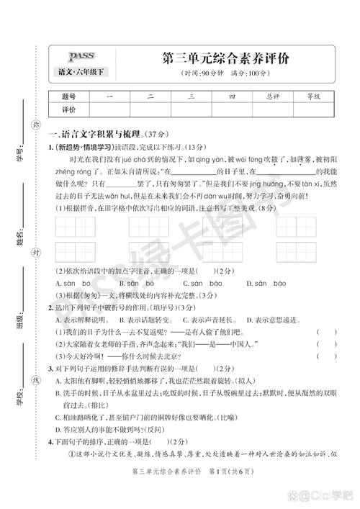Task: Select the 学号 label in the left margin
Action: point(19,153)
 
